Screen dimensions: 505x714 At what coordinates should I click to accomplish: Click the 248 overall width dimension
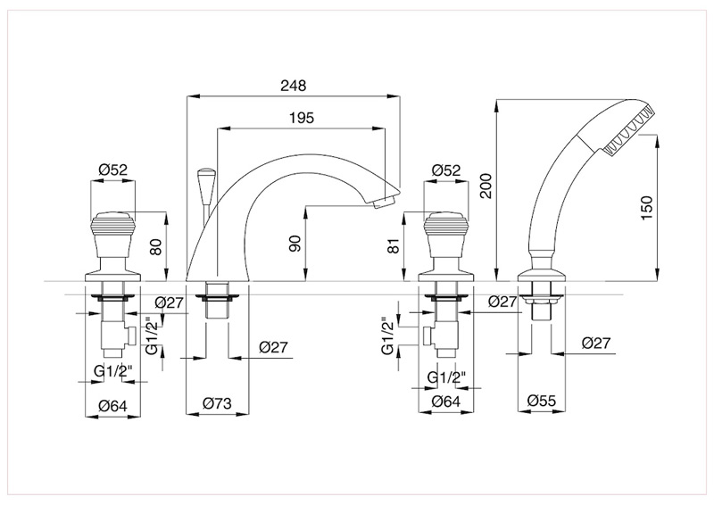click(x=293, y=86)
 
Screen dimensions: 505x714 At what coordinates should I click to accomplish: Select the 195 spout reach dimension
click(x=302, y=119)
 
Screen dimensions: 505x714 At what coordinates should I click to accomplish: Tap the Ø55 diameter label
click(x=539, y=401)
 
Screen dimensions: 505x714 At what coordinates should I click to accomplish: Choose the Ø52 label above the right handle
click(x=445, y=170)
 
